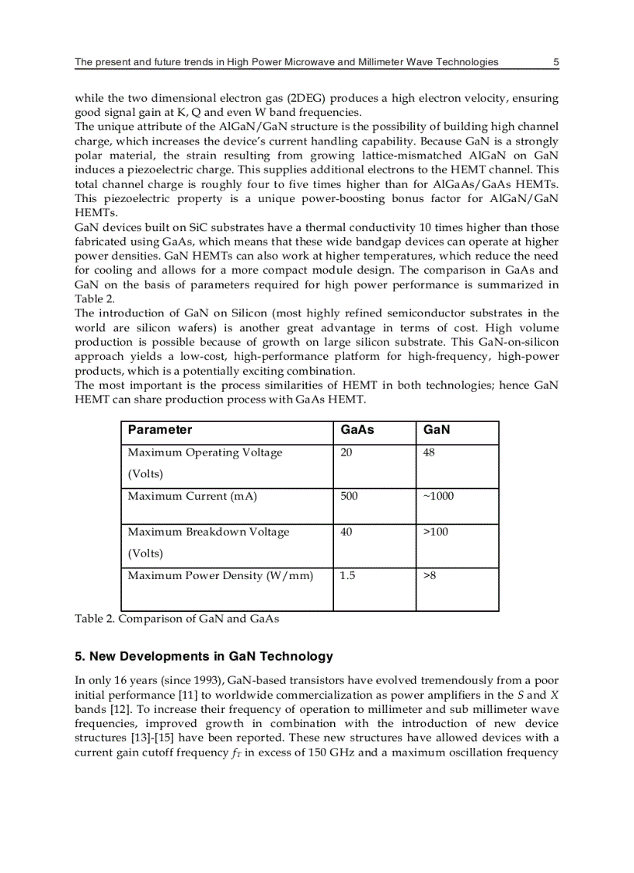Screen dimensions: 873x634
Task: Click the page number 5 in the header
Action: click(556, 62)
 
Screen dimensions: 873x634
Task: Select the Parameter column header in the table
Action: click(159, 430)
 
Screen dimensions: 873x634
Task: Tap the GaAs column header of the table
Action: click(357, 430)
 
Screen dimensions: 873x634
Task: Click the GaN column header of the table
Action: click(437, 430)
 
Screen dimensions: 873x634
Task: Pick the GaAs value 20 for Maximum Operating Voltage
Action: click(347, 452)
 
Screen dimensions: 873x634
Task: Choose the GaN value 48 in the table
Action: click(429, 452)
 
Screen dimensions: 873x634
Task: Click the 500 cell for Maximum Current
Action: click(349, 496)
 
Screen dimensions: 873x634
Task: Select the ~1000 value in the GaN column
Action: click(438, 496)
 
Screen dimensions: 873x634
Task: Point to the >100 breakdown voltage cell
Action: click(435, 532)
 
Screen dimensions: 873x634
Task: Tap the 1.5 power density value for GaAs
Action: click(347, 576)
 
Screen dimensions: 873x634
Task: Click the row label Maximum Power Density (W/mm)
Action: click(220, 576)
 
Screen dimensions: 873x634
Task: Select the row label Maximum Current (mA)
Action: click(192, 496)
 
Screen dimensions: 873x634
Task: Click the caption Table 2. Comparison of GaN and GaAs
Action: click(176, 619)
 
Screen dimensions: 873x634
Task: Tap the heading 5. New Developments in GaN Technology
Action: click(204, 656)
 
